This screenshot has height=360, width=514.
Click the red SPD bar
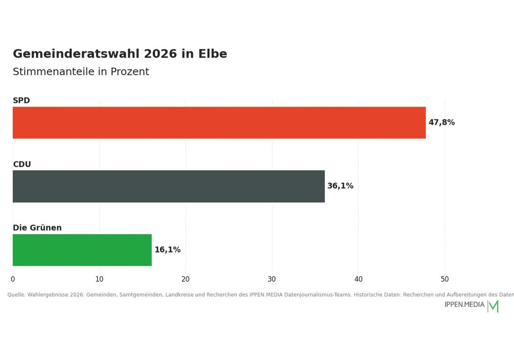click(x=219, y=122)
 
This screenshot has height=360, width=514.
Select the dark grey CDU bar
click(x=169, y=186)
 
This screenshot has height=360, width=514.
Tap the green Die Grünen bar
click(x=82, y=250)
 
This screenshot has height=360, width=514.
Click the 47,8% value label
click(x=442, y=122)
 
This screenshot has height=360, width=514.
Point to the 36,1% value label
click(x=340, y=186)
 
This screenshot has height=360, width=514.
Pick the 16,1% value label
click(x=168, y=250)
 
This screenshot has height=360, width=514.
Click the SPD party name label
click(x=21, y=100)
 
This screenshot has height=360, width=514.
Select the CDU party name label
click(x=22, y=164)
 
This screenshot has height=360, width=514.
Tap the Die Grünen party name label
click(x=37, y=227)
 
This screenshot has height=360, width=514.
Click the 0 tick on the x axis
click(x=13, y=279)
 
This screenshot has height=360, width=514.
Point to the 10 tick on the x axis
click(x=99, y=279)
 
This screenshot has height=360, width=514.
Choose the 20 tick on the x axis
click(x=186, y=279)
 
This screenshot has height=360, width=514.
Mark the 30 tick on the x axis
click(x=272, y=279)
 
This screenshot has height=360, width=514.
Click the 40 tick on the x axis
click(x=358, y=279)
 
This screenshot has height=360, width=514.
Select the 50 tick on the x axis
click(x=445, y=279)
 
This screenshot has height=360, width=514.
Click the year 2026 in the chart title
click(x=160, y=54)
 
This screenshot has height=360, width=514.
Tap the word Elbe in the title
click(x=212, y=54)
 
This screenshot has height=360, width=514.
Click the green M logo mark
click(x=493, y=306)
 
